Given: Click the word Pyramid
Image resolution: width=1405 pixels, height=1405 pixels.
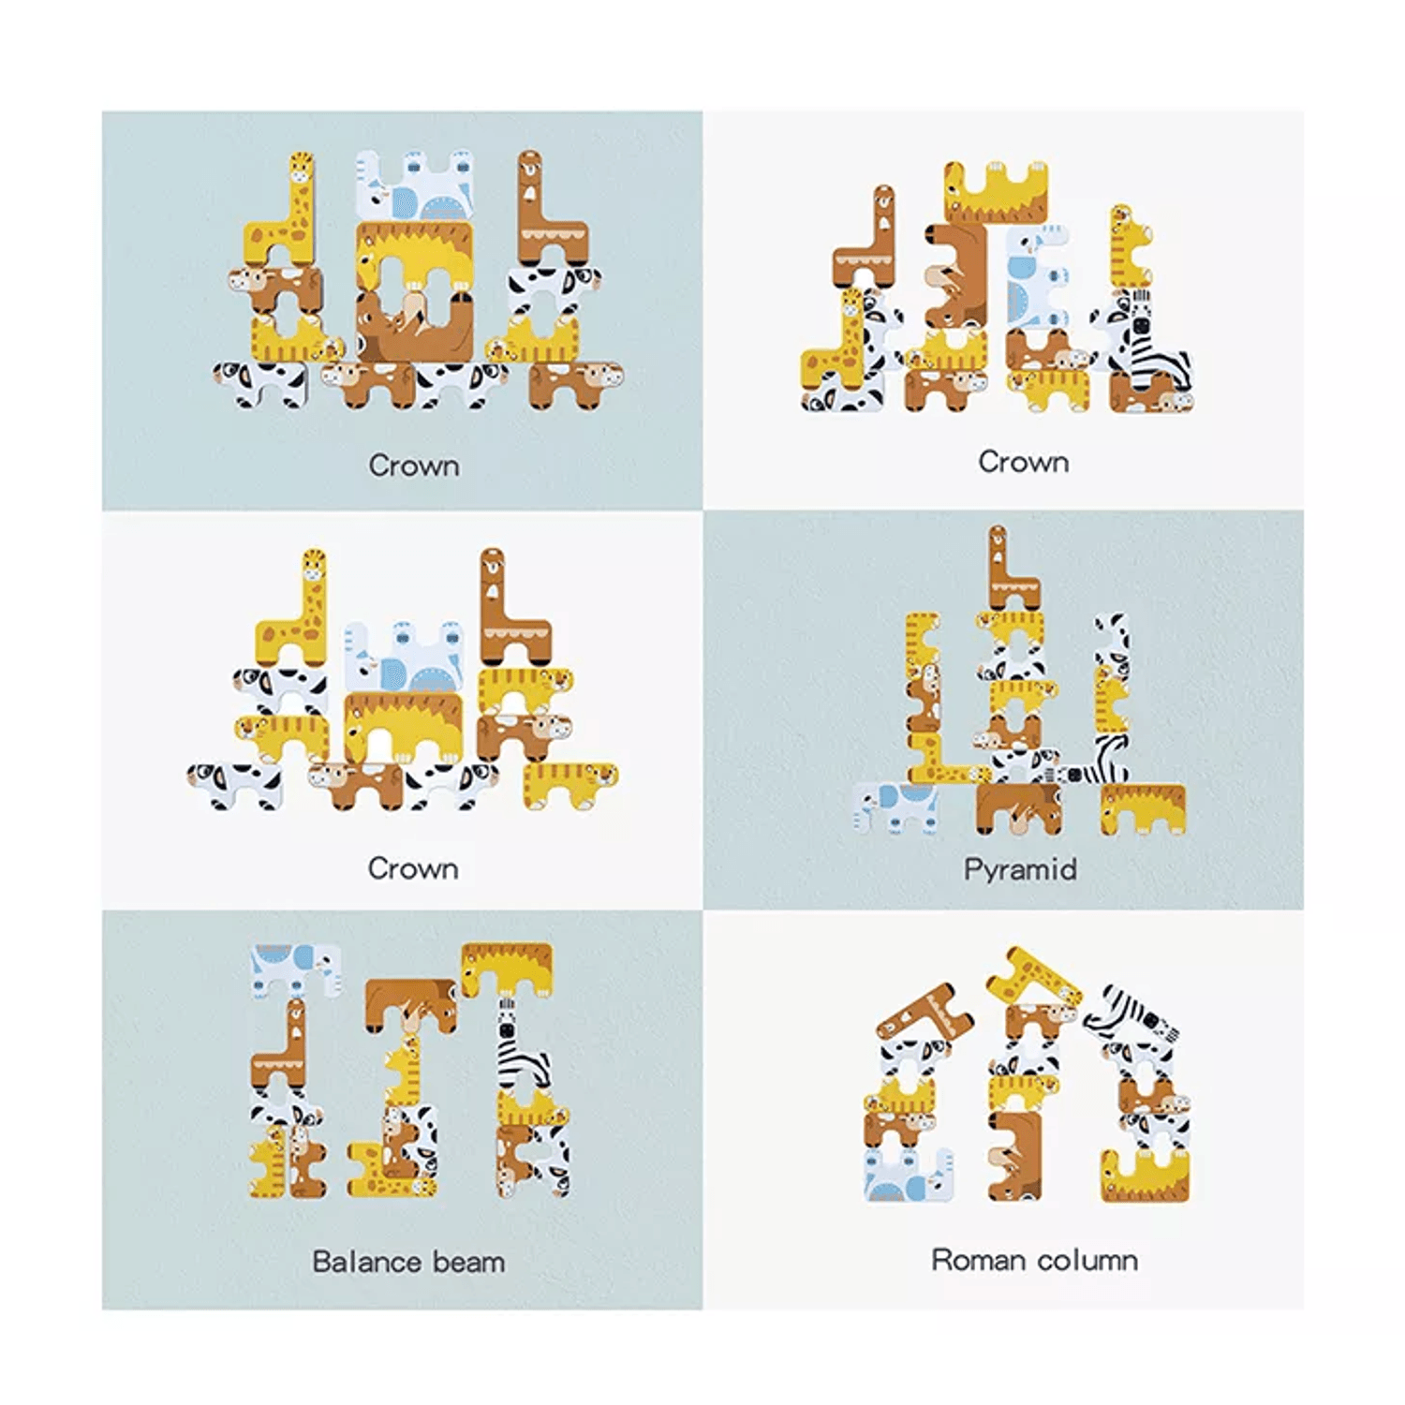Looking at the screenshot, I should point(1020,869).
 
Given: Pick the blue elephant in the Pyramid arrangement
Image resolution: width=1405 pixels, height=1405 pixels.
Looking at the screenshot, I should point(897,806).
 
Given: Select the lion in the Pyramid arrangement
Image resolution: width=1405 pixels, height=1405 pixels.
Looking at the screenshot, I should point(1143,807).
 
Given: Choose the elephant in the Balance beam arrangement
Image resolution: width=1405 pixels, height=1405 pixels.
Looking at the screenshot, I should point(295,967).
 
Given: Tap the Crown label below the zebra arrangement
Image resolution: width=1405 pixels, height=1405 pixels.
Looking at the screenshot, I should point(1023,462).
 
